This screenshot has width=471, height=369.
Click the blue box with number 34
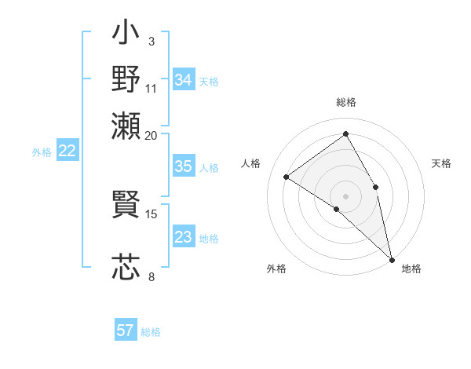(x=183, y=80)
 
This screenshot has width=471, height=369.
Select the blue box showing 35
(x=183, y=166)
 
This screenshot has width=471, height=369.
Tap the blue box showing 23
(x=183, y=237)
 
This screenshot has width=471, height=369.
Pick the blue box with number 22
(x=67, y=152)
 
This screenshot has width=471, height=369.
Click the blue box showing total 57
(x=126, y=331)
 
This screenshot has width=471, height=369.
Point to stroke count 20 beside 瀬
(x=152, y=135)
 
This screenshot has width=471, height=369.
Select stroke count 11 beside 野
(x=152, y=87)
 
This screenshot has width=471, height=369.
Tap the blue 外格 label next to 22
(x=42, y=152)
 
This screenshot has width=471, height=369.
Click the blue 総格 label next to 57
(x=151, y=332)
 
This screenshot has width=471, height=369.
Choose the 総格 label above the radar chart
(x=345, y=102)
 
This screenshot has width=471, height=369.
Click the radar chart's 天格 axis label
(x=441, y=163)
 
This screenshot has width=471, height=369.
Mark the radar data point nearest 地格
(x=392, y=258)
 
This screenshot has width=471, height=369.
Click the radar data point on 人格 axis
(x=287, y=177)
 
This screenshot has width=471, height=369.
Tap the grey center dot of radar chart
(x=345, y=195)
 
